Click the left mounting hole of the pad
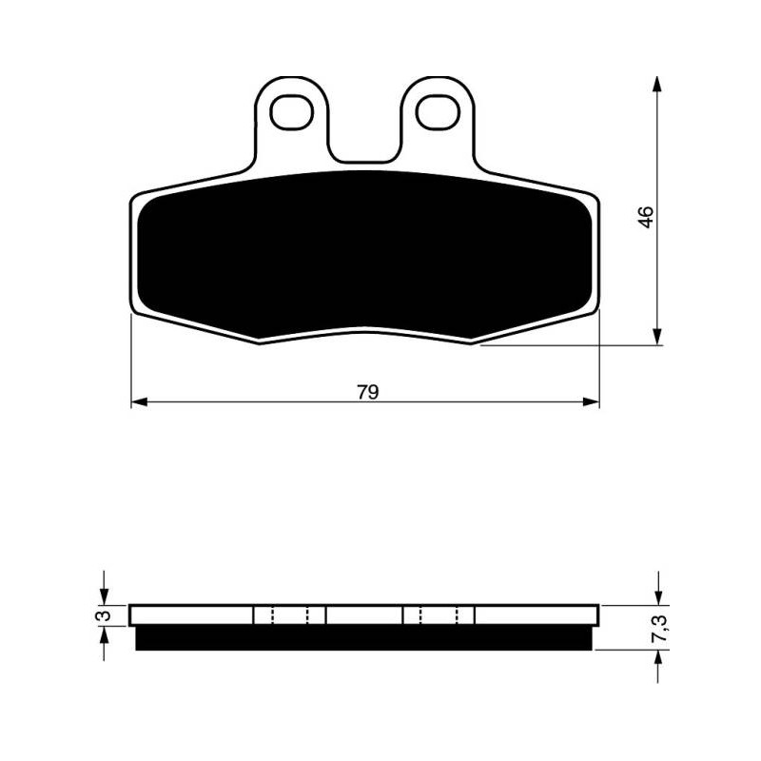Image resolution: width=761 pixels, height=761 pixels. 292,112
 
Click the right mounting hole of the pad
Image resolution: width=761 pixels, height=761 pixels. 438,112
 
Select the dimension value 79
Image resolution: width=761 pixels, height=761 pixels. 368,392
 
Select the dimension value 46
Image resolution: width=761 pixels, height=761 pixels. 646,217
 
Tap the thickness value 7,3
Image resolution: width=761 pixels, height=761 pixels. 662,628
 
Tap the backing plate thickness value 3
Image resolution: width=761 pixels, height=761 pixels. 104,615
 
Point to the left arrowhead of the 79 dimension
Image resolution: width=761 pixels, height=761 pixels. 139,401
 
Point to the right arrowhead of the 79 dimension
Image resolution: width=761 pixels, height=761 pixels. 591,401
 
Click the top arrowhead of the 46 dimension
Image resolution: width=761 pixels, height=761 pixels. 657,84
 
